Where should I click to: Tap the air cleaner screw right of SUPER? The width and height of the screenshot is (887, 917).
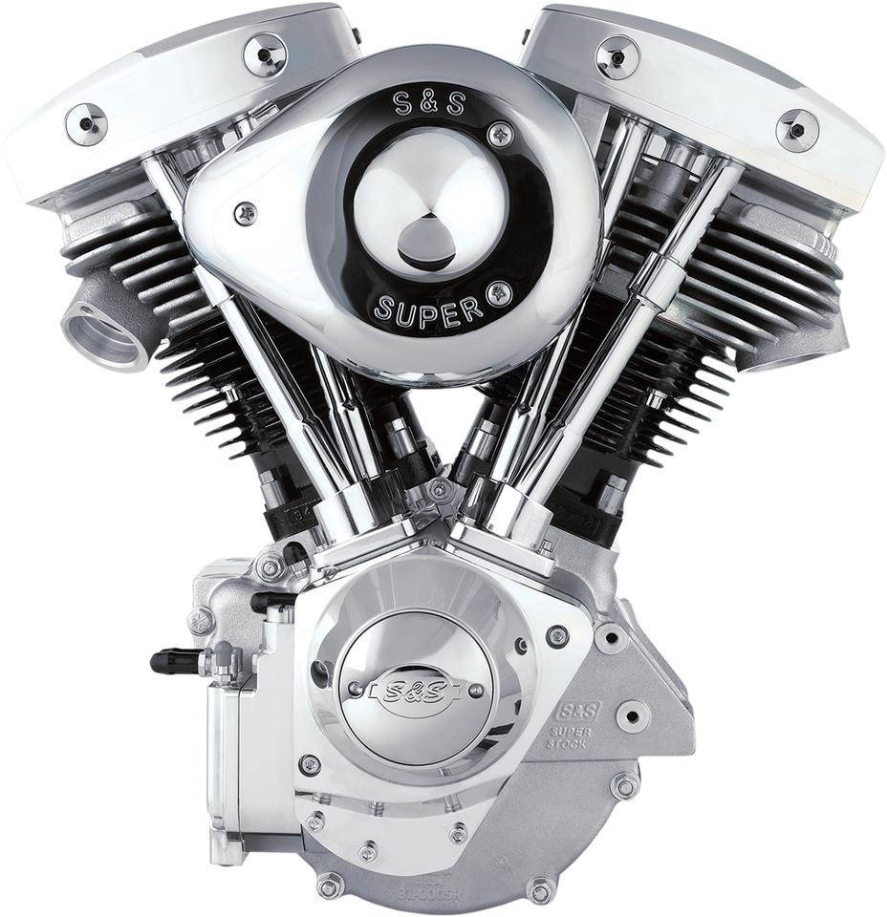pyautogui.click(x=496, y=291)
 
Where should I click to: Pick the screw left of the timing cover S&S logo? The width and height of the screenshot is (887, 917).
pyautogui.click(x=346, y=686)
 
